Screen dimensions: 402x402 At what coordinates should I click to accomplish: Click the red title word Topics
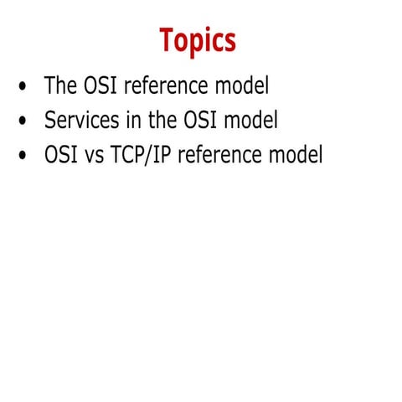coord(198,40)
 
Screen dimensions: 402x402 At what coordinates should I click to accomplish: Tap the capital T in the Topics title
coord(167,39)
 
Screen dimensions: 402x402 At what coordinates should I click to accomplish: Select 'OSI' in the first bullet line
coord(100,85)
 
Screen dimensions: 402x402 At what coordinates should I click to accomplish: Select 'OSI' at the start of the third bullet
coord(61,156)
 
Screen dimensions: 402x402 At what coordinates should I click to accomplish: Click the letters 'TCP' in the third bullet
coord(134,156)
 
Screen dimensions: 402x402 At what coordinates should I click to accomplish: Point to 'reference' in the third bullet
coord(229,156)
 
